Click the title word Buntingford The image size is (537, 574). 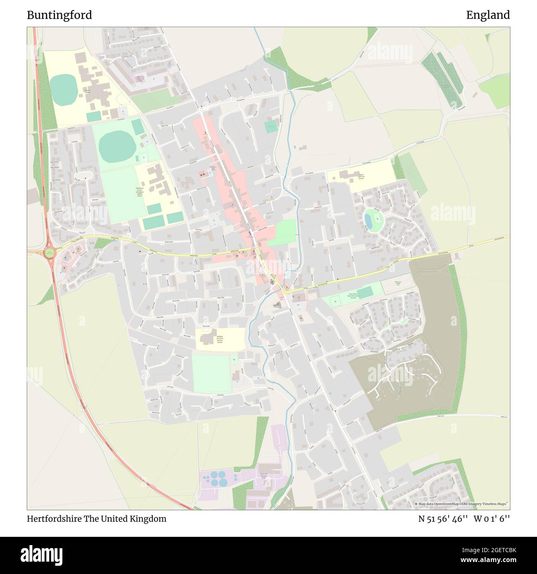[59, 15]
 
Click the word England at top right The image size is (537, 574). [488, 15]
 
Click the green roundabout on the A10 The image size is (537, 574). [50, 253]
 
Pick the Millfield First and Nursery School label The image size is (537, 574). [220, 339]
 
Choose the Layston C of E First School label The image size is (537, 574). [361, 177]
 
